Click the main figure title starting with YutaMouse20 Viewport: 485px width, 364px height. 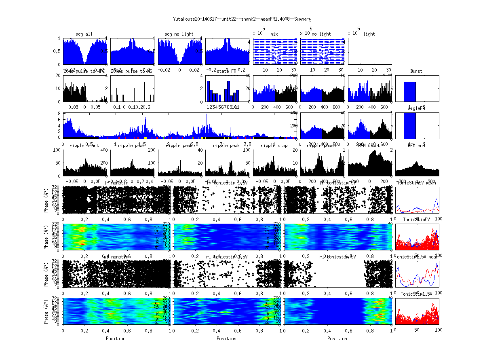click(242, 19)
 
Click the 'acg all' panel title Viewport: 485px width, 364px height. click(84, 34)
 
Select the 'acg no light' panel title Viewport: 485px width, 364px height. click(179, 34)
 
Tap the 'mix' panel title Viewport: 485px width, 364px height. click(274, 34)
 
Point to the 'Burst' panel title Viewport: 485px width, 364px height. click(416, 71)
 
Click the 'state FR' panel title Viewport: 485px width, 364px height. click(227, 71)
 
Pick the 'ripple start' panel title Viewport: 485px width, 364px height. click(84, 145)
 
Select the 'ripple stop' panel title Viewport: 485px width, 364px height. click(274, 145)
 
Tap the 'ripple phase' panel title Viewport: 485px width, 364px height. click(322, 145)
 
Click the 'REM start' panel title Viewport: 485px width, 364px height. click(369, 145)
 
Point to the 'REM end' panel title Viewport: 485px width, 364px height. click(416, 145)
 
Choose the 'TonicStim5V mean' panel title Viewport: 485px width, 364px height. click(416, 182)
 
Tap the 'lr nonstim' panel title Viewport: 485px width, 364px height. click(117, 182)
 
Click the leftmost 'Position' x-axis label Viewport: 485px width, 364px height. click(116, 338)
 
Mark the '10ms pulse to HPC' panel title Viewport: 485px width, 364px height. click(84, 71)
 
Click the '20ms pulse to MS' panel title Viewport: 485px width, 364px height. click(132, 71)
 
